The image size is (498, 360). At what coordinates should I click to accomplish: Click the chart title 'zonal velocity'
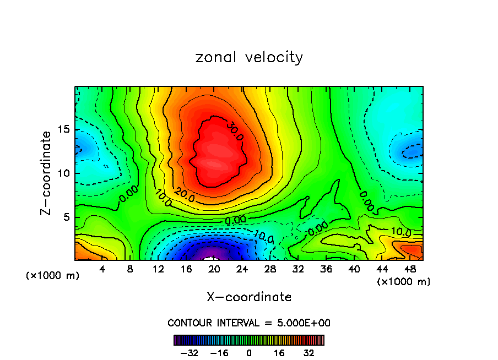click(249, 57)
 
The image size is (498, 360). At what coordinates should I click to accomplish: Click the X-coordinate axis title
click(249, 297)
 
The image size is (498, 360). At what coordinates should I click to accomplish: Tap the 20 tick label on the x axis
click(215, 270)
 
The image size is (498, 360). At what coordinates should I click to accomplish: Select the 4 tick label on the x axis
click(102, 270)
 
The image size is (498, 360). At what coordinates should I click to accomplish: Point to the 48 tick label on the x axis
click(410, 270)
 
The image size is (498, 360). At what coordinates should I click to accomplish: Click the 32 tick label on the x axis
click(299, 270)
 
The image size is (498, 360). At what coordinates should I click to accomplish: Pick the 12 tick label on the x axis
click(158, 270)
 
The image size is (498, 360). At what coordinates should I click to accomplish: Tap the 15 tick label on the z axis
click(64, 129)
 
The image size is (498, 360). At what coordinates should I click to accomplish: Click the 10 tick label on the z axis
click(64, 173)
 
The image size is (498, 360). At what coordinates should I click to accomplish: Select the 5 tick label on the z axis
click(68, 217)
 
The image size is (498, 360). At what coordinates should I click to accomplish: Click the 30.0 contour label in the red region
click(235, 132)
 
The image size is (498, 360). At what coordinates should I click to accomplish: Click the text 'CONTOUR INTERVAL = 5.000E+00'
click(249, 323)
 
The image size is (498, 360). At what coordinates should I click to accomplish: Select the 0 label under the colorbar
click(249, 353)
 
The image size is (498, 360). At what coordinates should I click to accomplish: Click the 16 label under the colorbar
click(279, 353)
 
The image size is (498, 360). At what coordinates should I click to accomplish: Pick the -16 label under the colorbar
click(219, 353)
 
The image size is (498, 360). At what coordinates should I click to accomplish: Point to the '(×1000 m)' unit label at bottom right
click(403, 282)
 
